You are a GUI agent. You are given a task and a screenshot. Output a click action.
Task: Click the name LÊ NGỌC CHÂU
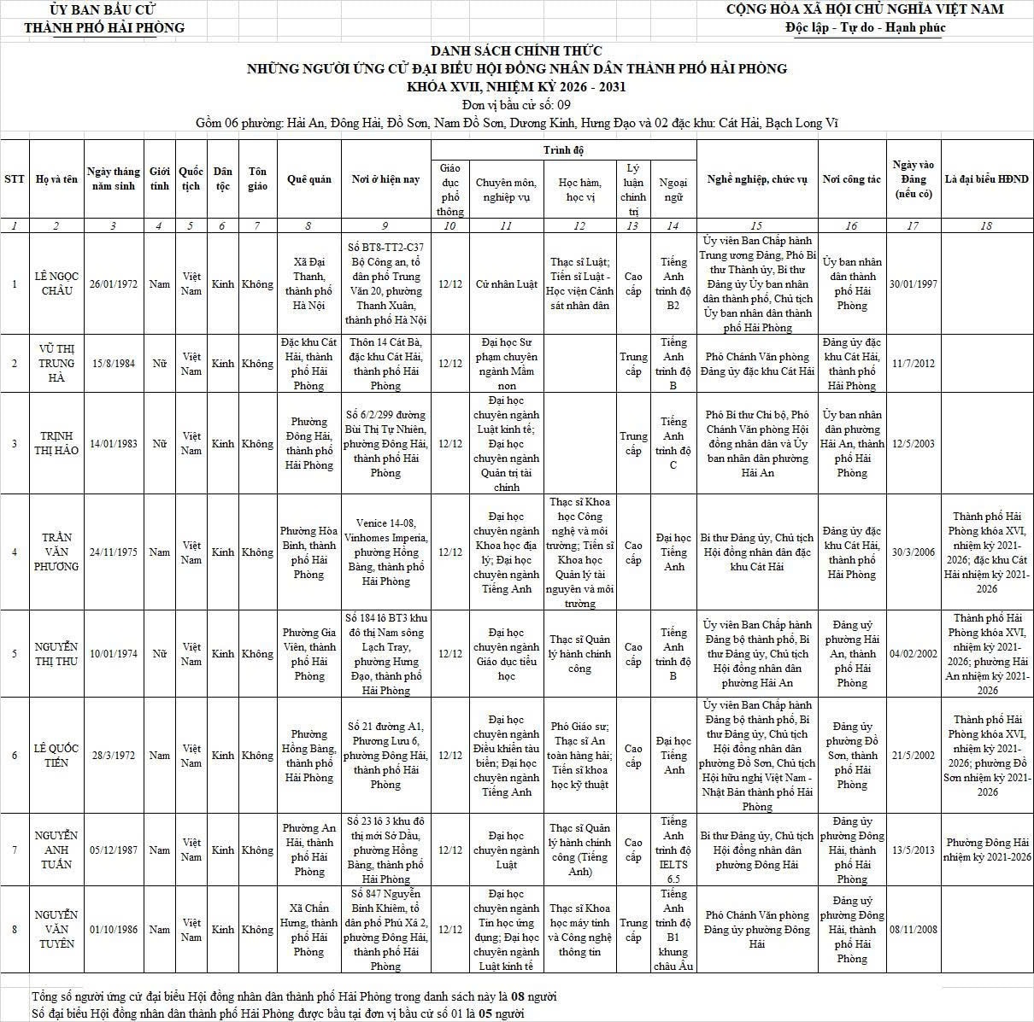(x=56, y=283)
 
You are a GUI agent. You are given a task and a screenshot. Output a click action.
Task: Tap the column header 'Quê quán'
(x=308, y=179)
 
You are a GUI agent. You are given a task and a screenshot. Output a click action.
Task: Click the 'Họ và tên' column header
(x=56, y=179)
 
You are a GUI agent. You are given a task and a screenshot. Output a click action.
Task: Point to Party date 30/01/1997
(x=913, y=283)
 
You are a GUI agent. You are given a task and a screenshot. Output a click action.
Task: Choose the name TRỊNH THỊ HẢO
(x=56, y=443)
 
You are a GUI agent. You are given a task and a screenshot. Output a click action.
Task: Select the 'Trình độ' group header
(x=563, y=150)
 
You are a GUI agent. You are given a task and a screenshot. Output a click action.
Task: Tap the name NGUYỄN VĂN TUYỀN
(x=56, y=929)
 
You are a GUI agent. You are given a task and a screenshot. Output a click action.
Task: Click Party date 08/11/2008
(x=913, y=929)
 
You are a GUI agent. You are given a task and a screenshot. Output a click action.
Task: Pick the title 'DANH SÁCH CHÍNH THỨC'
(x=516, y=51)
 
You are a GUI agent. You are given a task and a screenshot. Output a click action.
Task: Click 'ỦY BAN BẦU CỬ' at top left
(x=103, y=9)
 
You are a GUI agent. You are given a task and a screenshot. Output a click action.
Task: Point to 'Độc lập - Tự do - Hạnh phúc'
(x=865, y=27)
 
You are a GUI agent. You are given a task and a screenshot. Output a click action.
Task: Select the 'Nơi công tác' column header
(x=851, y=179)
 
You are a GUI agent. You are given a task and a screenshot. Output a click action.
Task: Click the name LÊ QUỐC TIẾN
(x=56, y=755)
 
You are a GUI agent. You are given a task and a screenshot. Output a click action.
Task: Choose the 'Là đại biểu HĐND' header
(x=987, y=179)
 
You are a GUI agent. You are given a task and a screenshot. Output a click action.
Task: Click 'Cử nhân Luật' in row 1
(x=507, y=283)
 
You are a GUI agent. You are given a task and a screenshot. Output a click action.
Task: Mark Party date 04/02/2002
(x=913, y=653)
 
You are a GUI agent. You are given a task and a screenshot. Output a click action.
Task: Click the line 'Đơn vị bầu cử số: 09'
(x=516, y=105)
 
